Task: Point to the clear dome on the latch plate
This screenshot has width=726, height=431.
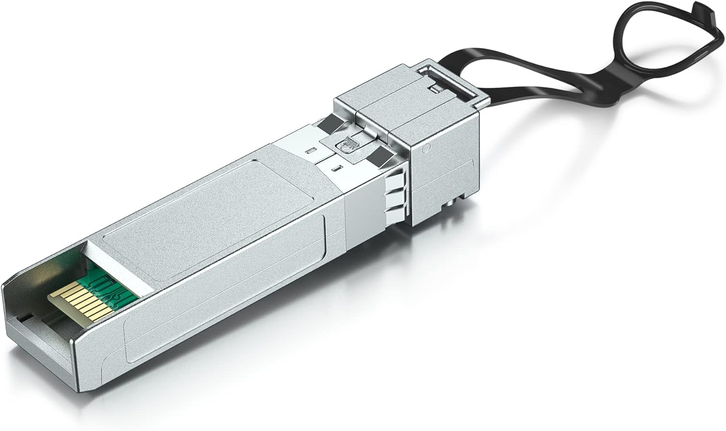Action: [x=347, y=144]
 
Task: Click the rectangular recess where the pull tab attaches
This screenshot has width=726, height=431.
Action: [x=444, y=79]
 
